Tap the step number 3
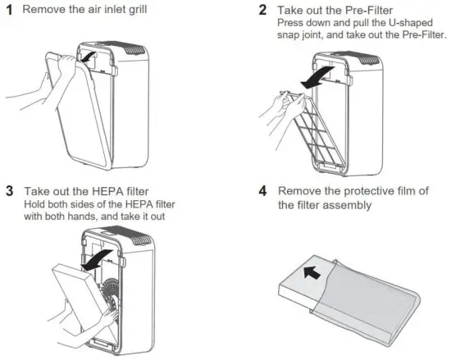10,190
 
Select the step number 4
262,191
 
